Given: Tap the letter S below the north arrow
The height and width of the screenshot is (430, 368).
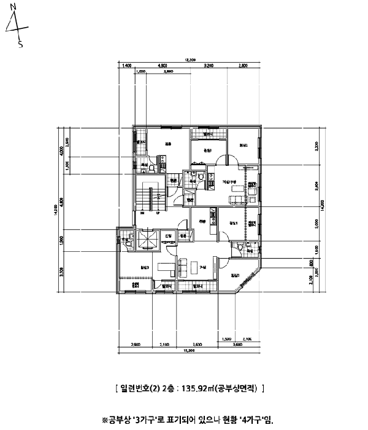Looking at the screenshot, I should coord(20,45).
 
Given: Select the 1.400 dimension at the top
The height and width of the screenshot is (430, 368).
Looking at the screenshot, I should coord(126,64).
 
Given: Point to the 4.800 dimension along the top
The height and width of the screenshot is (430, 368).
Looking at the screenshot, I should coord(163,64).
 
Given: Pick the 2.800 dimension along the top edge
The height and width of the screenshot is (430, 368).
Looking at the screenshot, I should coord(243,64).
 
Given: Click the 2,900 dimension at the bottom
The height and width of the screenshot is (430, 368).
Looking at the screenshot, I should coord(137,345).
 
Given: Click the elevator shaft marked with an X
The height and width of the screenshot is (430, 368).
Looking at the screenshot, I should coord(148,241).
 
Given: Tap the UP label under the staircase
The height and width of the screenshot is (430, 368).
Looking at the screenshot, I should coord(159,213).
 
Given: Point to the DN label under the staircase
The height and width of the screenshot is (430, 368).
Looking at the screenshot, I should coord(142,213).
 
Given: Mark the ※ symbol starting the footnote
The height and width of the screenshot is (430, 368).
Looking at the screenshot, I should coord(104,420).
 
